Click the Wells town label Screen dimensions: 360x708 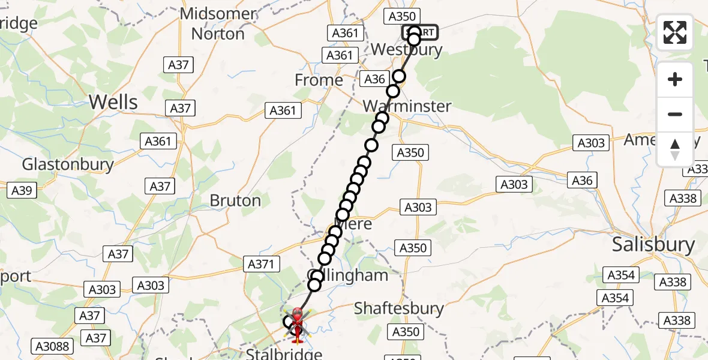[x=113, y=102]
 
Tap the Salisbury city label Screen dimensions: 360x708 [x=653, y=244]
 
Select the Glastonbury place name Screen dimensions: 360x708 [x=68, y=164]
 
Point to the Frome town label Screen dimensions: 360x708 [x=319, y=80]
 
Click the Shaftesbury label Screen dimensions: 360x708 [x=398, y=308]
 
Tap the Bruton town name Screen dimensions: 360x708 [x=235, y=200]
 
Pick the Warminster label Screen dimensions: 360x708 [x=407, y=106]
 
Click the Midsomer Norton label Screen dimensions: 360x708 [x=218, y=23]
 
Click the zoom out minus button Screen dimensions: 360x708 [x=675, y=114]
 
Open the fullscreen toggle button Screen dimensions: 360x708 [x=675, y=32]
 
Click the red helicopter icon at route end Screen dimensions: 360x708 [x=297, y=325]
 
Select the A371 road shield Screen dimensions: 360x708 [x=262, y=263]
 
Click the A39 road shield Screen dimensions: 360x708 [x=22, y=191]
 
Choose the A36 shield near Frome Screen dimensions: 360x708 [x=375, y=79]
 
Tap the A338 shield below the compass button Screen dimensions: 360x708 [x=682, y=199]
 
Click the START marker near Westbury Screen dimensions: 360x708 [x=421, y=32]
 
